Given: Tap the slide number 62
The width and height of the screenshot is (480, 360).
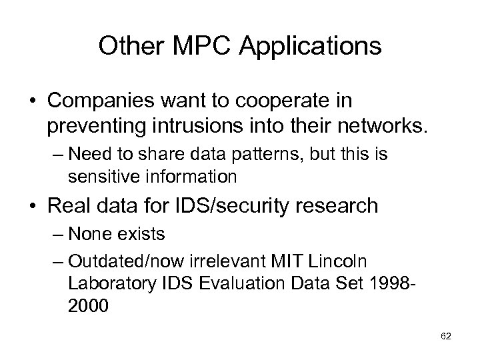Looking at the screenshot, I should click(446, 337).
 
